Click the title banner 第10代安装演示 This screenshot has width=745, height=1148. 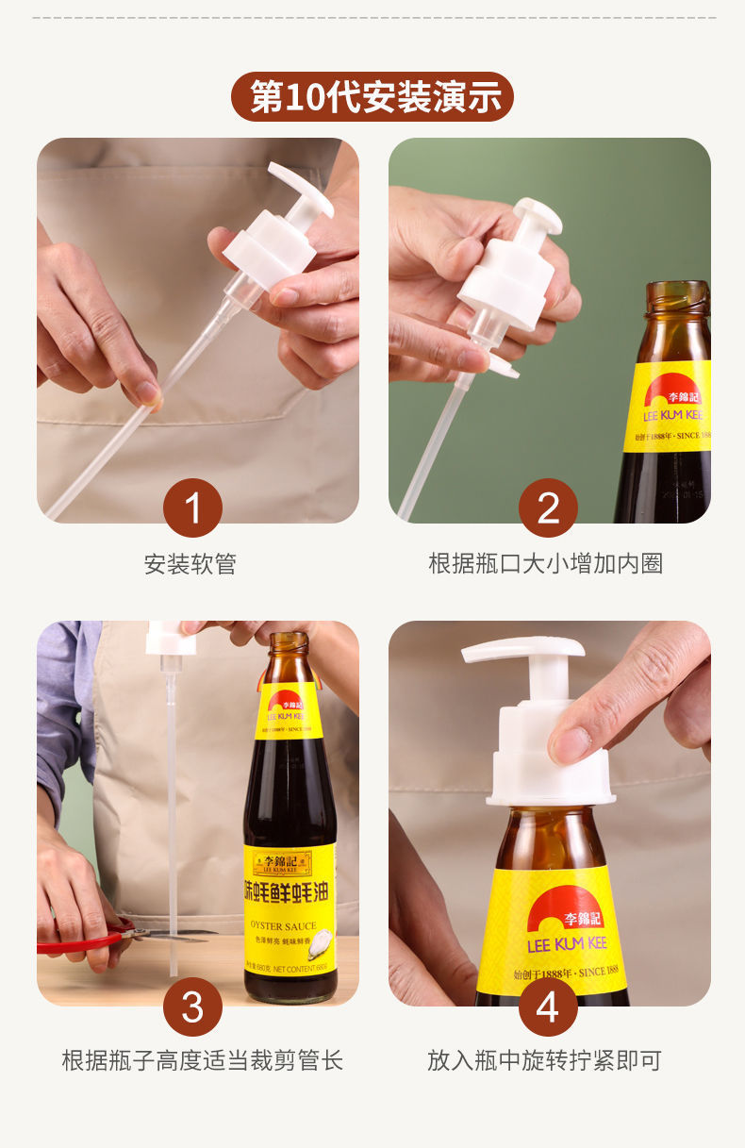(372, 97)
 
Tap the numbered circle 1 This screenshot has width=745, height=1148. (192, 508)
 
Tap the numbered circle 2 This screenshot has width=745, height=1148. (548, 508)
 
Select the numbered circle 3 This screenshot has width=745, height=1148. (192, 1007)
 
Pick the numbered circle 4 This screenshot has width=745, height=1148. (548, 1007)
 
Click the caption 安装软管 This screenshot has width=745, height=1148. (190, 564)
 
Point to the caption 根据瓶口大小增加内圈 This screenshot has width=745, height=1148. (545, 564)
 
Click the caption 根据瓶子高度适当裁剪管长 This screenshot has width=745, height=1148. (202, 1060)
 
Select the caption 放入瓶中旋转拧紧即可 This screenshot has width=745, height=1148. (545, 1060)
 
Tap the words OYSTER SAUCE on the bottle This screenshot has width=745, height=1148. (284, 925)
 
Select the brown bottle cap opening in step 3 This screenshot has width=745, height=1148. (289, 641)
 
